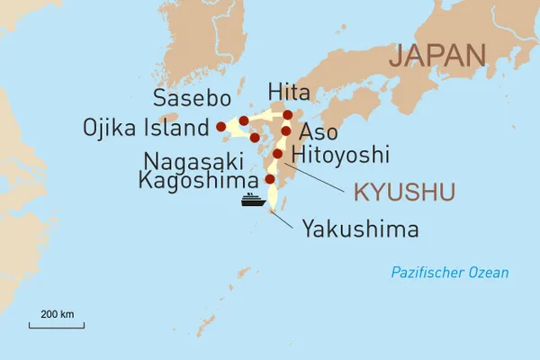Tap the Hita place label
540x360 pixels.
[289, 92]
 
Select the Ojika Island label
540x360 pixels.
[146, 127]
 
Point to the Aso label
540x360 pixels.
[318, 131]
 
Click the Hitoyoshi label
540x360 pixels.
[341, 154]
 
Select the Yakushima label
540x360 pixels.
[360, 229]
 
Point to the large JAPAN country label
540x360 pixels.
[436, 55]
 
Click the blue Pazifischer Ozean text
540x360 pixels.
[449, 273]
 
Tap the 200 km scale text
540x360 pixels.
[57, 314]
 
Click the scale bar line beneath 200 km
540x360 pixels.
[57, 325]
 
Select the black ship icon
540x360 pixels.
[253, 199]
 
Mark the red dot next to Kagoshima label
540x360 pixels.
[269, 179]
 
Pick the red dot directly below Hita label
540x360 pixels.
[288, 114]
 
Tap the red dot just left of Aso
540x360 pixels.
[286, 131]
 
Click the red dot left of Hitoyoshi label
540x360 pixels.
[277, 154]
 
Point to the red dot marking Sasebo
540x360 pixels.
[244, 121]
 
